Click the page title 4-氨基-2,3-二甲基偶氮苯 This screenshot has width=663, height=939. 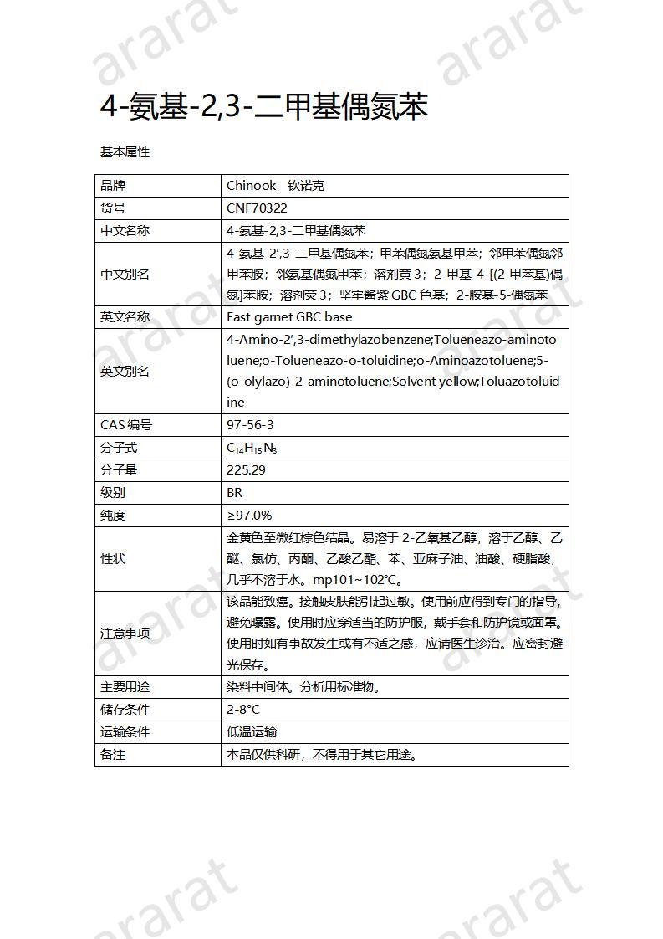coord(264,108)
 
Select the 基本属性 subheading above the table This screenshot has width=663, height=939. coord(125,152)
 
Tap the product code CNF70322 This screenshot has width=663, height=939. coord(257,208)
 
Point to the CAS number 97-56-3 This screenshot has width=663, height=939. coord(250,425)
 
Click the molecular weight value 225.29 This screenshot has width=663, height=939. coord(246,470)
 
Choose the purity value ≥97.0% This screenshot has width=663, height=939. coord(249,516)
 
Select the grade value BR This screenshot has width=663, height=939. coord(234,493)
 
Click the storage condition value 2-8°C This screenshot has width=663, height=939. coord(243,710)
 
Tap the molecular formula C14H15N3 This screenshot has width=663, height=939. coord(252,448)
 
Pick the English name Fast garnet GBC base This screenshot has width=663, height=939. coord(289,317)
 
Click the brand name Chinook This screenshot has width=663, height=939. coord(252,186)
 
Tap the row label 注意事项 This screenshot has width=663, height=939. coord(125,634)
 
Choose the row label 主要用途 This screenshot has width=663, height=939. coord(125,687)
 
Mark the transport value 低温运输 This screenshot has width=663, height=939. coord(252,732)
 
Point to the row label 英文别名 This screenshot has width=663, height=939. coord(125,372)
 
